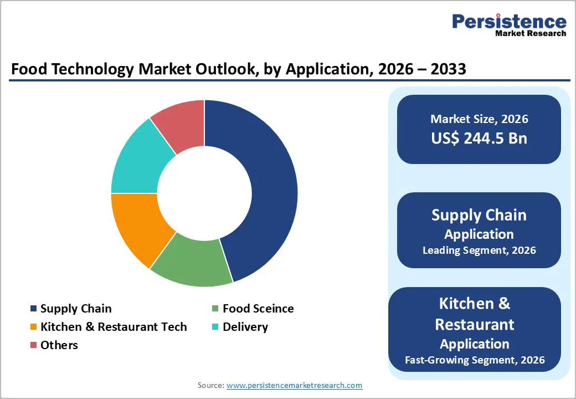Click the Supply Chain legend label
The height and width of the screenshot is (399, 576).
pyautogui.click(x=76, y=309)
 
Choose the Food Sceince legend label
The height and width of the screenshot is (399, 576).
pyautogui.click(x=258, y=309)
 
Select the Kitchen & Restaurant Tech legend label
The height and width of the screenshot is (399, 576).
pyautogui.click(x=114, y=327)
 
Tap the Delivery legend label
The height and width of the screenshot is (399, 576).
pyautogui.click(x=245, y=327)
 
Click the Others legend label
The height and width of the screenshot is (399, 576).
pyautogui.click(x=59, y=345)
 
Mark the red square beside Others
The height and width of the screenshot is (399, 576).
pyautogui.click(x=34, y=345)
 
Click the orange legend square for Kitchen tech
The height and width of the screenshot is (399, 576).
pyautogui.click(x=34, y=327)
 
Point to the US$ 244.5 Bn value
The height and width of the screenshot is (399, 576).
pyautogui.click(x=479, y=138)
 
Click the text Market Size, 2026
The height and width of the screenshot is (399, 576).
pyautogui.click(x=479, y=119)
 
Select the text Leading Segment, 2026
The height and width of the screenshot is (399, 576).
pyautogui.click(x=479, y=250)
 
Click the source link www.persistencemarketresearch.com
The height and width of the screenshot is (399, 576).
pyautogui.click(x=295, y=385)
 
